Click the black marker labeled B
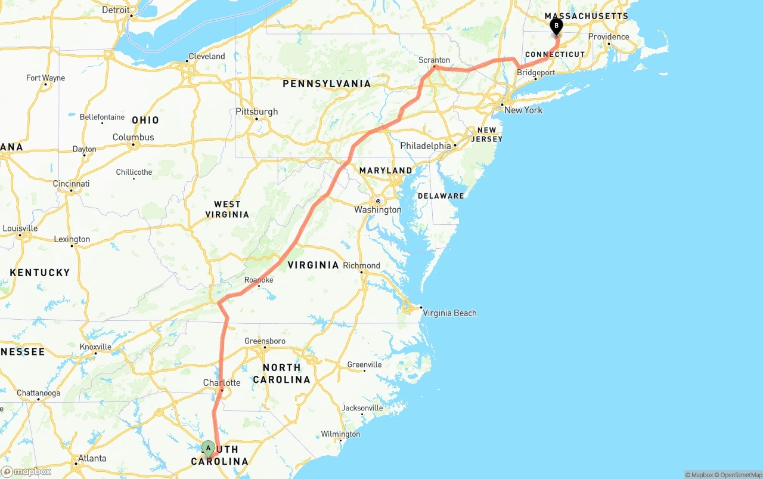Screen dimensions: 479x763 [x=556, y=27]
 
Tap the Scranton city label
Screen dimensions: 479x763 [x=434, y=60]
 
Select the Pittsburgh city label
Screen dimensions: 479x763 [x=257, y=112]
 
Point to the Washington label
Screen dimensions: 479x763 [x=378, y=209]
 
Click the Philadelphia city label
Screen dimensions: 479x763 [x=426, y=146]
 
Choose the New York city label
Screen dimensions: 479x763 [x=523, y=110]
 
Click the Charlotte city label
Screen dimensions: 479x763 [x=222, y=382]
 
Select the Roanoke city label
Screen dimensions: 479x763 [x=259, y=280]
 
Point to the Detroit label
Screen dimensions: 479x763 [x=116, y=10]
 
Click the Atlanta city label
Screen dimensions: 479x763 [x=92, y=458]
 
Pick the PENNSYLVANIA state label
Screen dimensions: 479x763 [x=327, y=84]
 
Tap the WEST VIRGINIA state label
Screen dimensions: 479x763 [x=227, y=209]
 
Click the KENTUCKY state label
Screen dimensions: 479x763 [x=40, y=273]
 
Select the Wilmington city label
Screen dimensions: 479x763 [x=340, y=434]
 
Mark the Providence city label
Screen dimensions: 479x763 [x=609, y=36]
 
